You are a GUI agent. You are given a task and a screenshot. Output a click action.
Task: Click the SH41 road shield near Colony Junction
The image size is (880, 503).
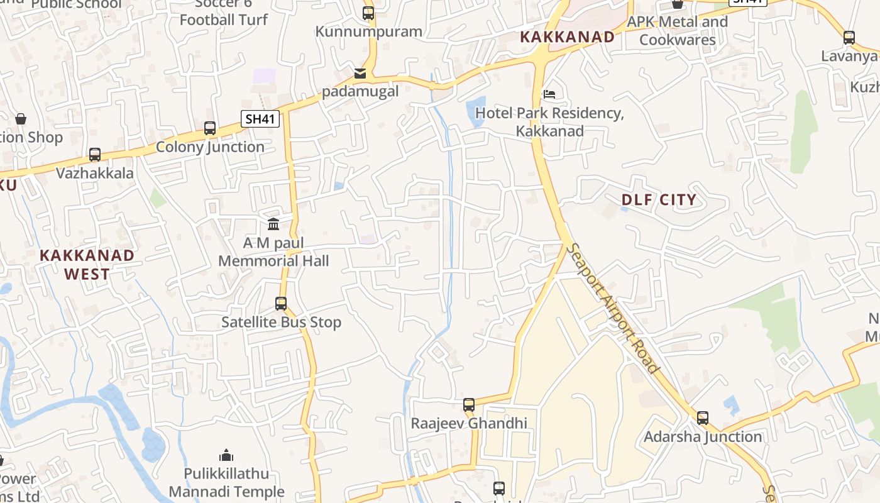[260, 119]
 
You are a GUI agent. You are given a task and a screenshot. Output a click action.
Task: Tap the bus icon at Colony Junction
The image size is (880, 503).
[210, 128]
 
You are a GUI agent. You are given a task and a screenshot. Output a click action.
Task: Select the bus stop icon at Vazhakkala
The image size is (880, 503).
[95, 154]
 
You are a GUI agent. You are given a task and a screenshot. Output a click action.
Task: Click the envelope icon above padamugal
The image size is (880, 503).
[360, 74]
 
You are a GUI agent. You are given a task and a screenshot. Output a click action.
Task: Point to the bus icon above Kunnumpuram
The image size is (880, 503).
[368, 13]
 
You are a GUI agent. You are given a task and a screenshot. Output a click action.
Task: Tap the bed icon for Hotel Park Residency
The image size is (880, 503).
[549, 94]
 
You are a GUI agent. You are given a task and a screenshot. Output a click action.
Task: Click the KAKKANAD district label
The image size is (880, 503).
[567, 37]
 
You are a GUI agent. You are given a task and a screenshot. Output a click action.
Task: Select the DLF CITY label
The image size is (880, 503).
[659, 200]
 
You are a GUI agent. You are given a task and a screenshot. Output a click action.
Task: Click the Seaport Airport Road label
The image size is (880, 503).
[613, 308]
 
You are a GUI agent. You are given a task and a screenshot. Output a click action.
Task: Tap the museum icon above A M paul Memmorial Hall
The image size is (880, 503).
[273, 224]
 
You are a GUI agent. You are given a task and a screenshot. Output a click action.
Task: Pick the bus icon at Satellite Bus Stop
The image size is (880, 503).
[281, 304]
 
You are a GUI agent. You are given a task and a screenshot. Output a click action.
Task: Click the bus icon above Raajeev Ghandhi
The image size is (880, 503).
[469, 405]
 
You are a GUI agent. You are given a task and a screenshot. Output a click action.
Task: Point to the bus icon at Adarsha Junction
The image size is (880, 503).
[703, 417]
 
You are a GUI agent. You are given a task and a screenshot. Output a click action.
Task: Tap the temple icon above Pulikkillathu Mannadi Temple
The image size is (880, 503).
[226, 455]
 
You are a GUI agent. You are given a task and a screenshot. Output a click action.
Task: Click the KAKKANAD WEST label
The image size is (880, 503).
[87, 264]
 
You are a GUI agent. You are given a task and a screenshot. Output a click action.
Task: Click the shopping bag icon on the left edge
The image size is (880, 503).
[21, 118]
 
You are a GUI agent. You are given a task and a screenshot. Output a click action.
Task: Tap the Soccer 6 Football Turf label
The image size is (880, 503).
[223, 13]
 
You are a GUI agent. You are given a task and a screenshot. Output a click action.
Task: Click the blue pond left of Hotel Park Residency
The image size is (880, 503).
[476, 111]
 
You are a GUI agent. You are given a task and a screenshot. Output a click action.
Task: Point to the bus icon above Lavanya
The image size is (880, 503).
[849, 38]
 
